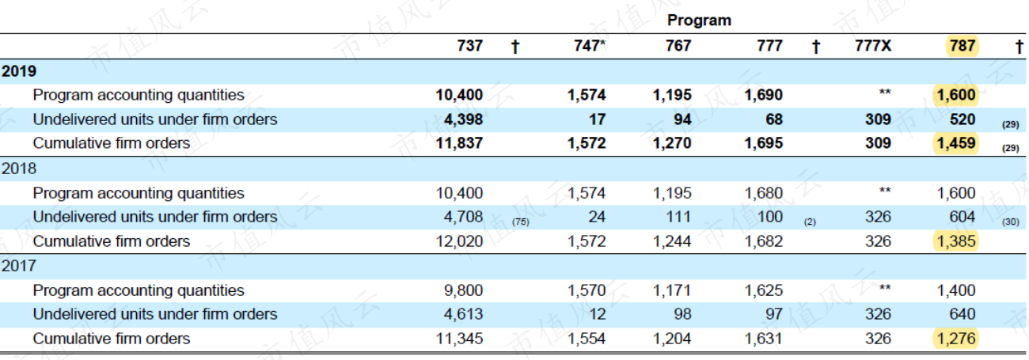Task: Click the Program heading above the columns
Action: [699, 21]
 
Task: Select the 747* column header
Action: [590, 45]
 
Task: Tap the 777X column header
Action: [873, 45]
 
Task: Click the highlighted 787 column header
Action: [963, 45]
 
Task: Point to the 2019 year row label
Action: [19, 71]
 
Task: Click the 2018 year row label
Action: [19, 169]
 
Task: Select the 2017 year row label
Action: [19, 266]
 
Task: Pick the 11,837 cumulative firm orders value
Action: [459, 143]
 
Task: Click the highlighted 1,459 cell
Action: [956, 143]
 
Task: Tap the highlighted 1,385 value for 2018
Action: [956, 241]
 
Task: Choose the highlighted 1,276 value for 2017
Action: [956, 339]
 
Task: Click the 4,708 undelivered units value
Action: [463, 217]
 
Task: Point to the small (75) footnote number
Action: [521, 222]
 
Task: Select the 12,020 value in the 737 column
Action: [459, 241]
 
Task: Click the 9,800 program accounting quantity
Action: [463, 290]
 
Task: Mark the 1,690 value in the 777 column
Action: [764, 95]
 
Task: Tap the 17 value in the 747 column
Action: [597, 119]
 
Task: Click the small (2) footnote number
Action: [810, 222]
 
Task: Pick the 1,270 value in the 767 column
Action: [672, 143]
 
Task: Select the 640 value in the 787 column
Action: [963, 314]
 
